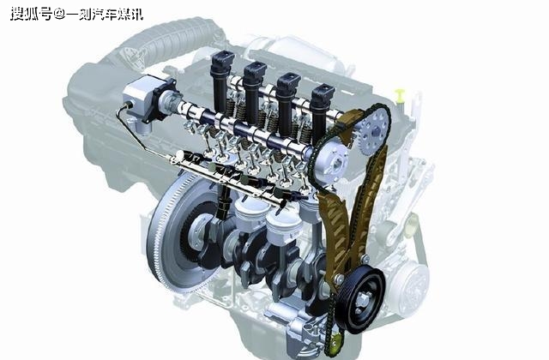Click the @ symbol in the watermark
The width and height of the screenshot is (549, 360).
[59, 15]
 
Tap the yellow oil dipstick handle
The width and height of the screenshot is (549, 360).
[400, 95]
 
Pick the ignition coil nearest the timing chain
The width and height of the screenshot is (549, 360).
[321, 111]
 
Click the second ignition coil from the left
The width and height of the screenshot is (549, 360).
[254, 92]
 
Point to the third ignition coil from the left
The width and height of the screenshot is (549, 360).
[288, 102]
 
